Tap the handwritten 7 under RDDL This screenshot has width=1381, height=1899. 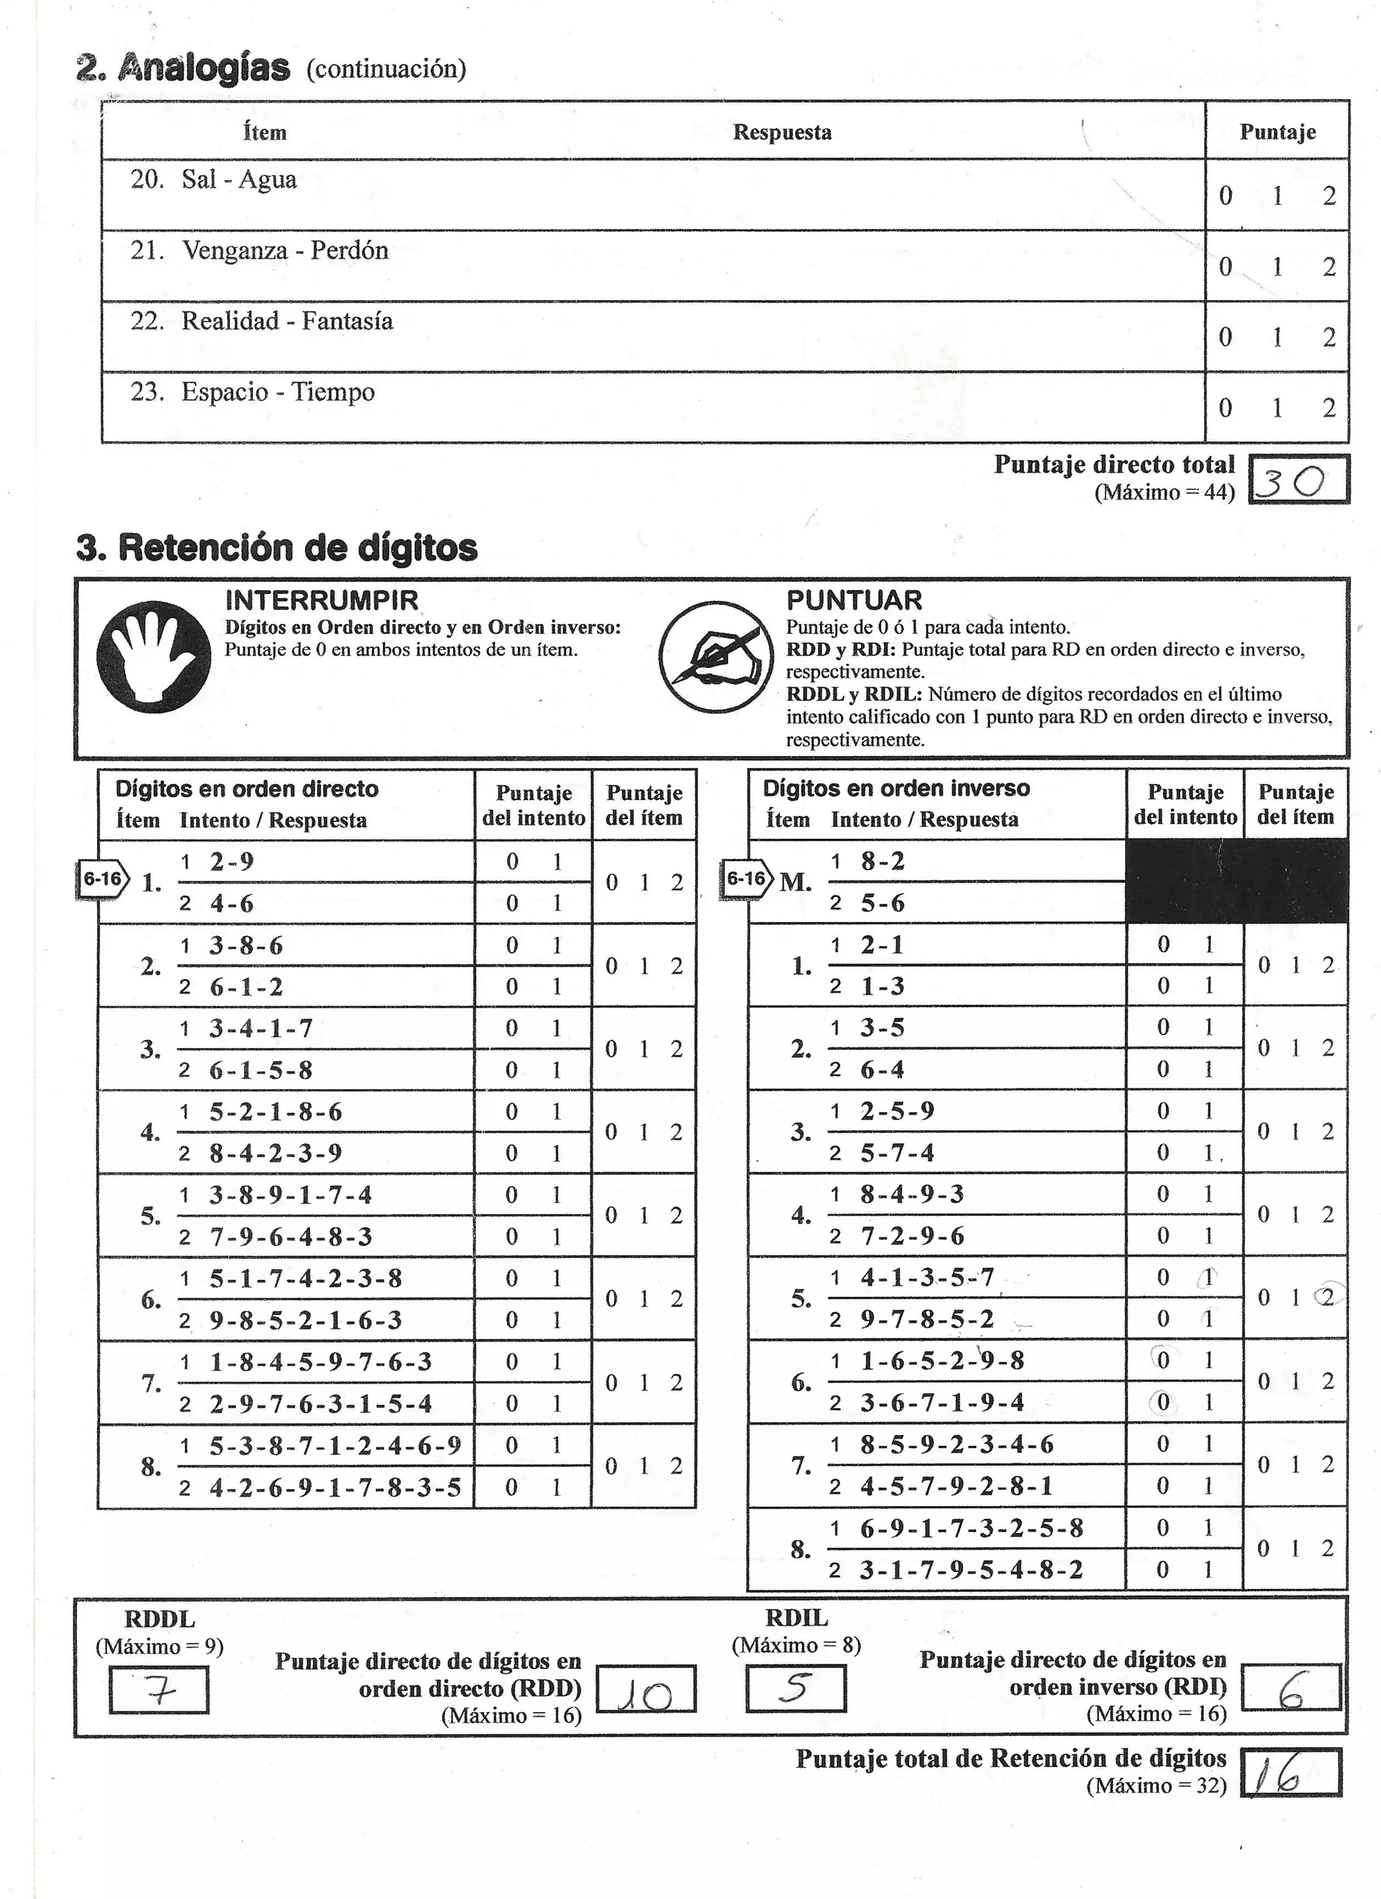[159, 1691]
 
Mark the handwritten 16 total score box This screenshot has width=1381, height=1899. [1281, 1772]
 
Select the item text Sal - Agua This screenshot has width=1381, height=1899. [239, 180]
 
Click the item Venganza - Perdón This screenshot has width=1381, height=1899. [285, 250]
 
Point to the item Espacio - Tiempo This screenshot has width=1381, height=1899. [277, 392]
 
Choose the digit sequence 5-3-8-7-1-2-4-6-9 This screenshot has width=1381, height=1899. [335, 1446]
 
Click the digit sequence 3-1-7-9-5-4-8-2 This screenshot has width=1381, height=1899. [972, 1569]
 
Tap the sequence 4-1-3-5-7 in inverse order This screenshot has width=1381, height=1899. [927, 1278]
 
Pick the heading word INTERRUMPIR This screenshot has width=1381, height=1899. [322, 600]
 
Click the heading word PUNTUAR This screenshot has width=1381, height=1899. [854, 600]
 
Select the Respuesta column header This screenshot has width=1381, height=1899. [782, 132]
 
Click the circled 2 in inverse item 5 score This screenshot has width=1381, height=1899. [1328, 1298]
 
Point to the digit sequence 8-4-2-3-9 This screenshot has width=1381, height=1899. [276, 1154]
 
